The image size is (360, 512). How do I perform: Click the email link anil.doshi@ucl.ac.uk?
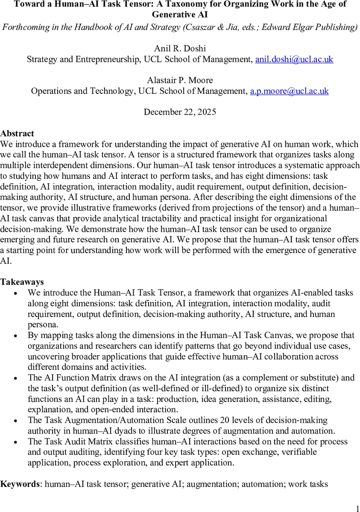coord(294,59)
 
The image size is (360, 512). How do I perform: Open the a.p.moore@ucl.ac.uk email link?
coord(289,91)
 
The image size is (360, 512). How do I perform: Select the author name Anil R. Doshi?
coord(180,49)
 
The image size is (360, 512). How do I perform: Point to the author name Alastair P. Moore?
coord(180,80)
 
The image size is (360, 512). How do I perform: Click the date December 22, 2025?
coord(180,112)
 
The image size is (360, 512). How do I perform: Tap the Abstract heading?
coord(17,134)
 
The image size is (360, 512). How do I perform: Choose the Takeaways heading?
coord(22,282)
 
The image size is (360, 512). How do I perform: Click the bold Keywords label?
coord(20,484)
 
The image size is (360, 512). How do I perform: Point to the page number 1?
coord(357,508)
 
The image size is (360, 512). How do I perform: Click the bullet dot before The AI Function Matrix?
coord(16,378)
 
